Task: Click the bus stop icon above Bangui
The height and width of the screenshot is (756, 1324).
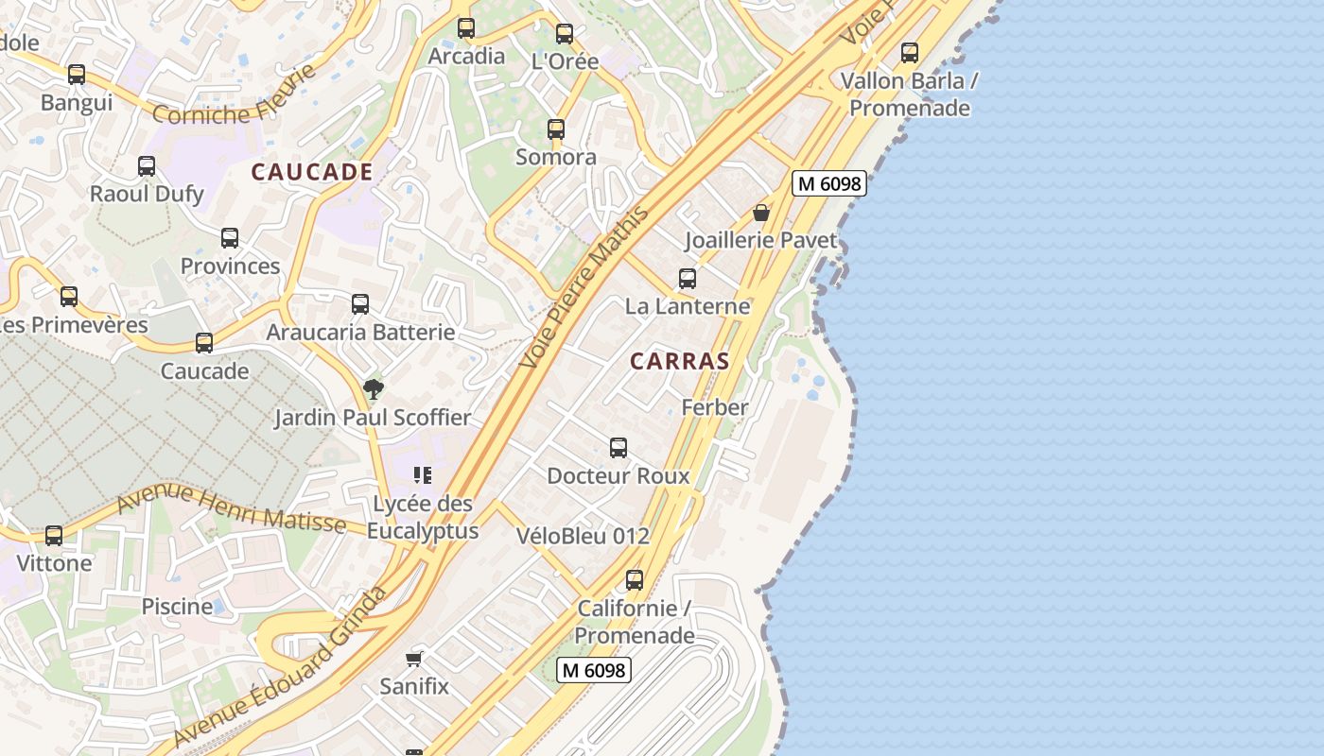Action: (77, 74)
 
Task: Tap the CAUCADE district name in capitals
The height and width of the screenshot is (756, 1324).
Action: (312, 172)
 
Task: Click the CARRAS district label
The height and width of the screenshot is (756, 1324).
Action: (680, 361)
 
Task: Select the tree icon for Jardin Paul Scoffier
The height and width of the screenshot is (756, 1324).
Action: (374, 388)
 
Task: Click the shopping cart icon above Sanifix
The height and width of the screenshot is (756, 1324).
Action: (413, 659)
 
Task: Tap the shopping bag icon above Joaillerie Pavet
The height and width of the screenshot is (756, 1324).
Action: (761, 213)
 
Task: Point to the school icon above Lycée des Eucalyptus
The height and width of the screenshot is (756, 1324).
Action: (423, 475)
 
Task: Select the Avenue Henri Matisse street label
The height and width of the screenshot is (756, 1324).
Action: (231, 507)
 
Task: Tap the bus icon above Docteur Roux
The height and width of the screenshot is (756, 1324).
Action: (618, 448)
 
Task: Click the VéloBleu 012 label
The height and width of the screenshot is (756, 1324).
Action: (584, 536)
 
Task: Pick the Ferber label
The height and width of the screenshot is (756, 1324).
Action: (715, 407)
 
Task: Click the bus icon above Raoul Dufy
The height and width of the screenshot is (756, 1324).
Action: (147, 166)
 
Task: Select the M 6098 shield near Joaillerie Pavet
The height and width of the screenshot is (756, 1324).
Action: (829, 183)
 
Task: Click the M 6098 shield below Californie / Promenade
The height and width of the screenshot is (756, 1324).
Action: (593, 670)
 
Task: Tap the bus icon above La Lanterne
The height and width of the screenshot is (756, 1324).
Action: (688, 279)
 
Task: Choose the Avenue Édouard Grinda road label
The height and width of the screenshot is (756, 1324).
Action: (283, 667)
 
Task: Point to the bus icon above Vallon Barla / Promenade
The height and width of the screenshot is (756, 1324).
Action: (910, 53)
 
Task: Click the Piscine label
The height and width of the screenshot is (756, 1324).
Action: (177, 606)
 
